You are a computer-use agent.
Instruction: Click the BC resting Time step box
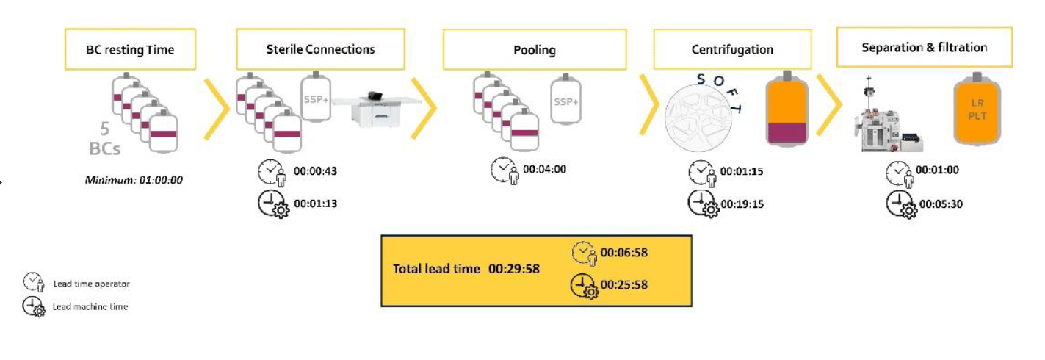pyautogui.click(x=130, y=50)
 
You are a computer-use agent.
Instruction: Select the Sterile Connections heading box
pyautogui.click(x=320, y=49)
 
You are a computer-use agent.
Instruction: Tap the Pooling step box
pyautogui.click(x=534, y=50)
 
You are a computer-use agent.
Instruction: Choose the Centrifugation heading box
pyautogui.click(x=732, y=50)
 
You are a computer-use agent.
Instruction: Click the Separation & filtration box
pyautogui.click(x=924, y=48)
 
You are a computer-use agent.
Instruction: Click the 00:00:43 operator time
pyautogui.click(x=316, y=172)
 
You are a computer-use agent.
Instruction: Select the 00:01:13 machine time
pyautogui.click(x=316, y=204)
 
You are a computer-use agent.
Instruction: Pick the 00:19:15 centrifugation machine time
pyautogui.click(x=742, y=204)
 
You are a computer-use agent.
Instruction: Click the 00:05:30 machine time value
pyautogui.click(x=937, y=204)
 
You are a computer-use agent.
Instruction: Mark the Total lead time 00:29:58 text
pyautogui.click(x=466, y=269)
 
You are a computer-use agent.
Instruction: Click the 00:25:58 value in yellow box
pyautogui.click(x=623, y=284)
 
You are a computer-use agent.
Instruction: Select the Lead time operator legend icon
pyautogui.click(x=33, y=283)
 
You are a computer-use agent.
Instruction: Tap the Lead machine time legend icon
pyautogui.click(x=33, y=306)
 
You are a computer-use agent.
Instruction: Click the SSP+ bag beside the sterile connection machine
pyautogui.click(x=315, y=98)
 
